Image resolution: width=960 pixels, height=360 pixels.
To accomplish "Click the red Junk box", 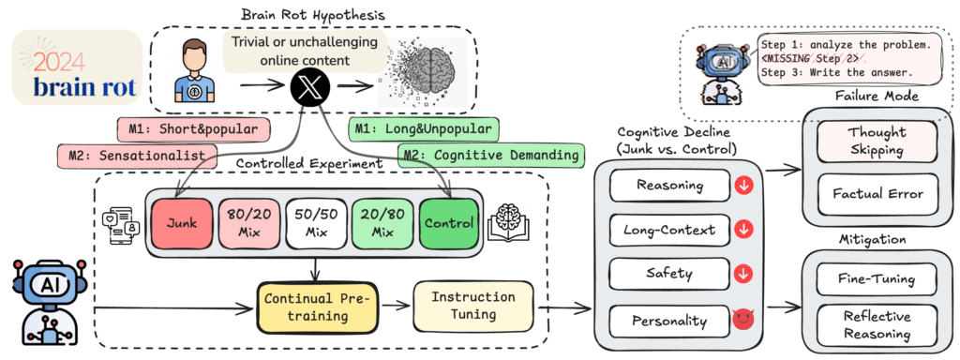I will tap(181, 222).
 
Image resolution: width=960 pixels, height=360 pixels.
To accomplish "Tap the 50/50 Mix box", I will tap(317, 222).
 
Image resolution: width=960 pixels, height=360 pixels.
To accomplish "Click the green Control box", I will tap(449, 222).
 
